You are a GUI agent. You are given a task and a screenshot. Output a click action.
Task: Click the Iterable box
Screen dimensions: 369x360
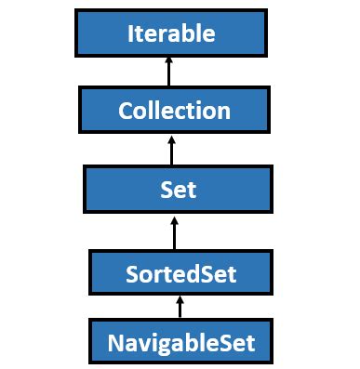(171, 33)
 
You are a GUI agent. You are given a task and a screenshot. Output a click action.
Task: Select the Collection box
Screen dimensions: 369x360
(174, 111)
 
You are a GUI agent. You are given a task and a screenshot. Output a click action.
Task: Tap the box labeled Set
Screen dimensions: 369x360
(177, 190)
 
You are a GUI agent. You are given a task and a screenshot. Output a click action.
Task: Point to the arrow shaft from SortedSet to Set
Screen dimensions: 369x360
(174, 231)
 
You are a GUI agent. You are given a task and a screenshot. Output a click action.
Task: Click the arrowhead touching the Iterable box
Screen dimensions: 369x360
(170, 61)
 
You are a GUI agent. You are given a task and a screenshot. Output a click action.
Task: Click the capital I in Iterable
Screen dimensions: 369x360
(130, 34)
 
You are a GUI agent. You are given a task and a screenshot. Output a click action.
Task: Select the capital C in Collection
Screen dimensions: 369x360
(126, 111)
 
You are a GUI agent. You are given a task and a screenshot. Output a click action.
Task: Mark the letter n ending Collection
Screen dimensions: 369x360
(223, 112)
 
